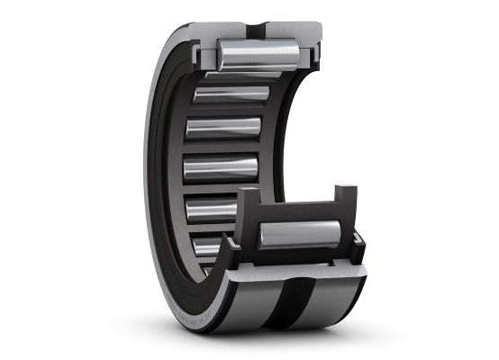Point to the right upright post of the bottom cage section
(345, 202)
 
